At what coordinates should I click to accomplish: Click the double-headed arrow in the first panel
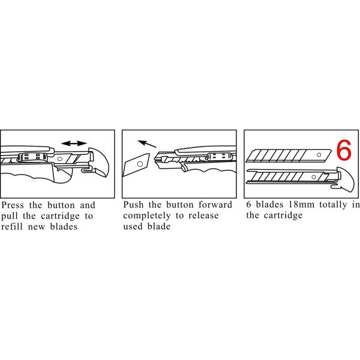pyautogui.click(x=74, y=143)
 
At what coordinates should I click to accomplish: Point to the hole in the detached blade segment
pyautogui.click(x=139, y=162)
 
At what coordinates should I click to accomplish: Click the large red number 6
pyautogui.click(x=344, y=151)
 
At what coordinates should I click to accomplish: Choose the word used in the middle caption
pyautogui.click(x=134, y=227)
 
